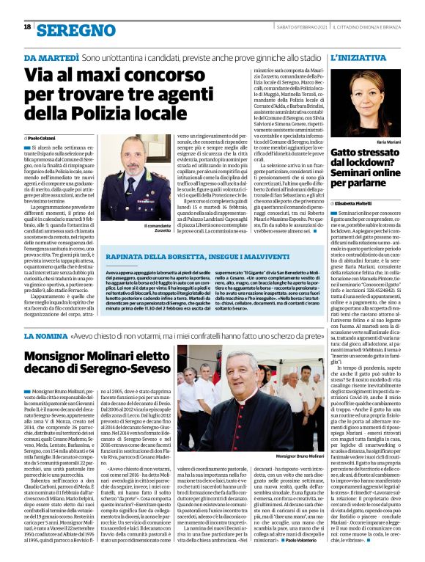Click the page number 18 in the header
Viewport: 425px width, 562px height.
(x=27, y=26)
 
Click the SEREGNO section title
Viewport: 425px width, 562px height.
(x=75, y=30)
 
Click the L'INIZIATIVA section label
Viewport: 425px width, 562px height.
(x=358, y=56)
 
